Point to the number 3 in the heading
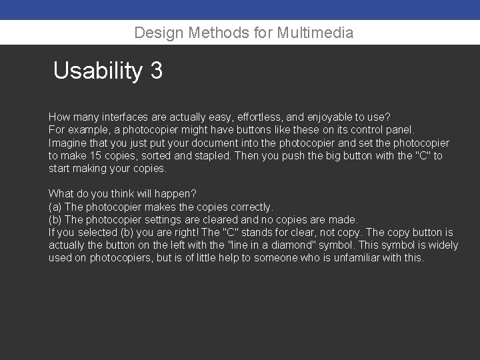pyautogui.click(x=157, y=71)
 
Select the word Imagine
pyautogui.click(x=68, y=143)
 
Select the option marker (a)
pyautogui.click(x=55, y=207)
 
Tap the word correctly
pyautogui.click(x=250, y=207)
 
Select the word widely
pyautogui.click(x=443, y=245)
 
